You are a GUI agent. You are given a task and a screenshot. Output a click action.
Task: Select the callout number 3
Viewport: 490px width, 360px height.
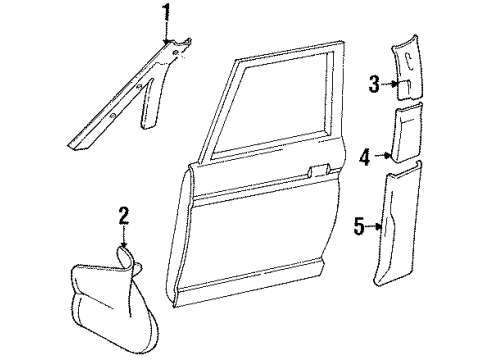(374, 84)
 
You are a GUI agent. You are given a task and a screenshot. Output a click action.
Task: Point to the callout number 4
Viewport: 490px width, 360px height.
(365, 157)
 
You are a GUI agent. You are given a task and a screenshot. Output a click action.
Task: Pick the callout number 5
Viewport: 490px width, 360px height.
(359, 227)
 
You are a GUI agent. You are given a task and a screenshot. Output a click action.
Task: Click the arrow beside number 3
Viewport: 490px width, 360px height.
(390, 84)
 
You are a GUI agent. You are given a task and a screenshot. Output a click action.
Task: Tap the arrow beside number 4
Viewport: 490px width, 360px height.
(383, 155)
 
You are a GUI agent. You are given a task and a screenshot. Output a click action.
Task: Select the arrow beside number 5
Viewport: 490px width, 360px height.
(374, 227)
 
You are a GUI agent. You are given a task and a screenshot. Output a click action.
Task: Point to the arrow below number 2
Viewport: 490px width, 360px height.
(124, 237)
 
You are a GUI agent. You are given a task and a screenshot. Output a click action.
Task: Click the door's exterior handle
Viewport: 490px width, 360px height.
(318, 170)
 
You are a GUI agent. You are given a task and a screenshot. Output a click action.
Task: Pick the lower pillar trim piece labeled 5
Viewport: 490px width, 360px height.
(398, 223)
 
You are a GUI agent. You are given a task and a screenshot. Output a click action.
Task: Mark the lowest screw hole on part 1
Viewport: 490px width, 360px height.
(113, 116)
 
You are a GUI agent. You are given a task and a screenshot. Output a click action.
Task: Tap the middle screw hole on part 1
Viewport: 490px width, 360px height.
(140, 87)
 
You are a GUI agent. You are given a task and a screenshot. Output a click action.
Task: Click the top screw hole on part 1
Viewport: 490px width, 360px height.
(175, 52)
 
